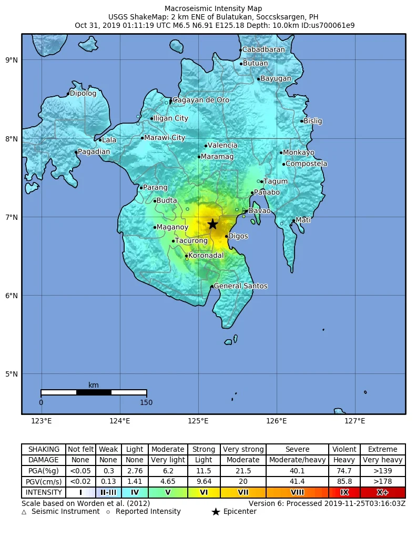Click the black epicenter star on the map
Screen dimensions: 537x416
click(212, 224)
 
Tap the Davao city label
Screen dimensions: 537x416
click(259, 211)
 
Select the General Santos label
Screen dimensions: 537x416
click(240, 286)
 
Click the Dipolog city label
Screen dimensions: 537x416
click(83, 94)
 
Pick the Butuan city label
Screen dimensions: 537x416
click(255, 64)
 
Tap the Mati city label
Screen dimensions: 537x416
click(303, 220)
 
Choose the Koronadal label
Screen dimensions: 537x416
click(206, 256)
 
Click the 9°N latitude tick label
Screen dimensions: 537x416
click(12, 60)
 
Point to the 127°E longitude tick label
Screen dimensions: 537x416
click(355, 421)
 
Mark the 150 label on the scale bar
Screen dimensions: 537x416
click(146, 403)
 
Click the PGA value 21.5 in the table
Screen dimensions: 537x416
click(243, 471)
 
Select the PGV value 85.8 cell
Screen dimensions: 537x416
click(344, 482)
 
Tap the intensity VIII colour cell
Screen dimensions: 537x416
click(297, 493)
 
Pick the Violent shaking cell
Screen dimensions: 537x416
click(344, 449)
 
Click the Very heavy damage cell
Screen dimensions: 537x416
click(382, 460)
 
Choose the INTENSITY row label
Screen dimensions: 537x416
click(44, 493)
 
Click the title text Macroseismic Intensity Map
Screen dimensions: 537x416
click(213, 8)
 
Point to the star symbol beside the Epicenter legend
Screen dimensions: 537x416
click(215, 512)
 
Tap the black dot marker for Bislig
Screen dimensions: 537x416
click(302, 121)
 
